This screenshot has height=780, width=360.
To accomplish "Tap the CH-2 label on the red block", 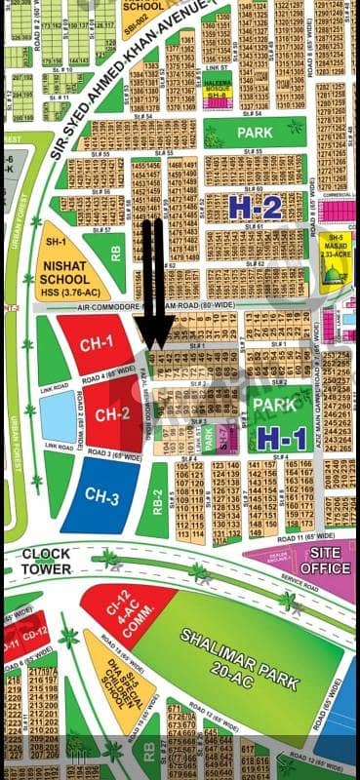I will point(112,412).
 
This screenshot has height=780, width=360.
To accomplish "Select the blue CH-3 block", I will point(99,498).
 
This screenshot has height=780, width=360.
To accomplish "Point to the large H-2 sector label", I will point(256,206).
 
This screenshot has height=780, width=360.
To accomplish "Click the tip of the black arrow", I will point(154,347).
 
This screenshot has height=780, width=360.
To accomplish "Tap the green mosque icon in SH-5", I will point(335,276).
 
